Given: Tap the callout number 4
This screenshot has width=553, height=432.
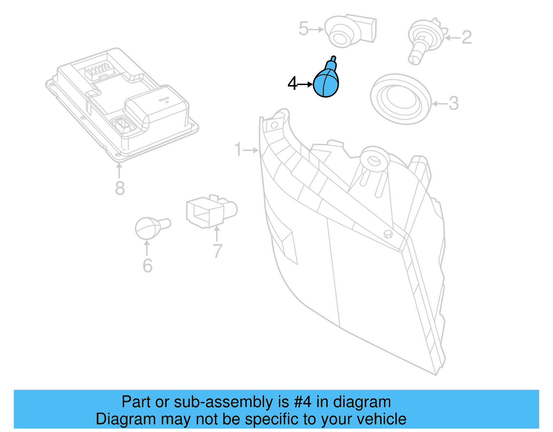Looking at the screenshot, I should pyautogui.click(x=292, y=84).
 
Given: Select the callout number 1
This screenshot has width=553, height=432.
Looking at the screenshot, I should pyautogui.click(x=237, y=149).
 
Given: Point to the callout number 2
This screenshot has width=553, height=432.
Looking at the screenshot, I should pyautogui.click(x=467, y=37).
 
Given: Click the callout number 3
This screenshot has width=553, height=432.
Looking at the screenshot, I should pyautogui.click(x=453, y=103).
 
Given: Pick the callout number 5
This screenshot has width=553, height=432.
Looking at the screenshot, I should pyautogui.click(x=303, y=29).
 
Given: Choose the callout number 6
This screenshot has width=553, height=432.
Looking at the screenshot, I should pyautogui.click(x=148, y=266).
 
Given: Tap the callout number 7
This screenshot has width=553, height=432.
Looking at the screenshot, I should pyautogui.click(x=217, y=251).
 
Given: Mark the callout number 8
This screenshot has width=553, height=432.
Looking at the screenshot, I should pyautogui.click(x=120, y=189).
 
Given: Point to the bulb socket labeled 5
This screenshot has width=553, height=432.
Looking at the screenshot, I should pyautogui.click(x=349, y=31).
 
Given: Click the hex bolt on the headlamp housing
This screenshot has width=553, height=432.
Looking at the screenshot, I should pyautogui.click(x=388, y=234).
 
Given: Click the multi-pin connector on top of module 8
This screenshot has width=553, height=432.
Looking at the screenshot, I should pyautogui.click(x=99, y=69).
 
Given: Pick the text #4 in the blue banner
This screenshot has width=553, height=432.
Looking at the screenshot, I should pyautogui.click(x=303, y=402).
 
